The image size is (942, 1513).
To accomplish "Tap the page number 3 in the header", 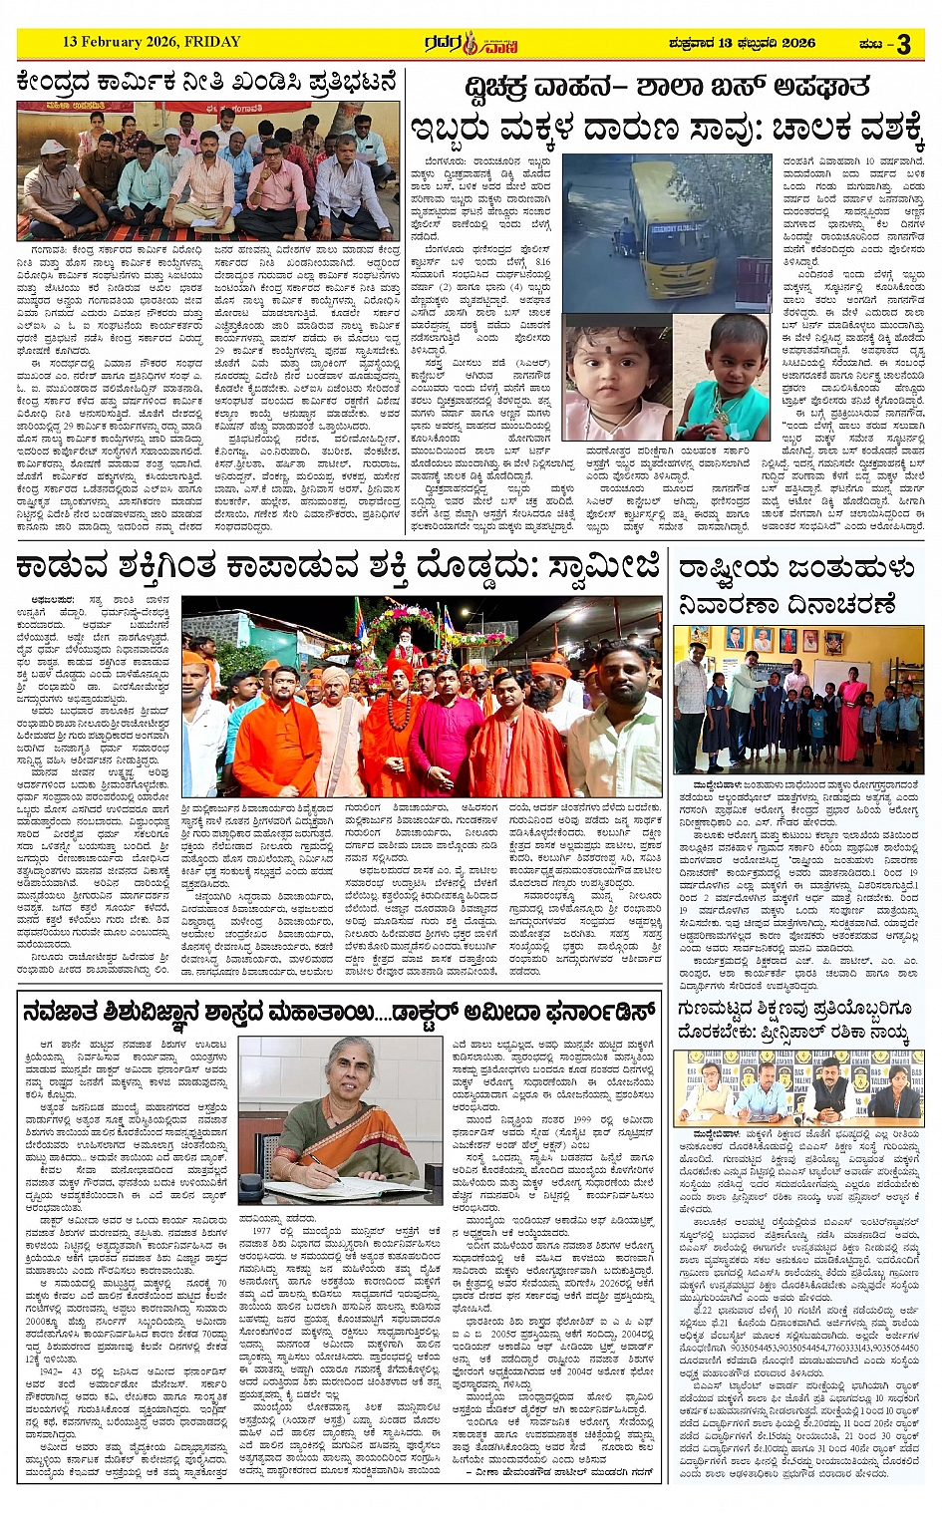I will [x=903, y=44].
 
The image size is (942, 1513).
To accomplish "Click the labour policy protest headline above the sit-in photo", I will [x=207, y=82].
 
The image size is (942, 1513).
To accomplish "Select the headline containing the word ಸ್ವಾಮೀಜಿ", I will [x=338, y=568].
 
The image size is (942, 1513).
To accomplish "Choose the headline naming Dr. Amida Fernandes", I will [x=339, y=1011].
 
